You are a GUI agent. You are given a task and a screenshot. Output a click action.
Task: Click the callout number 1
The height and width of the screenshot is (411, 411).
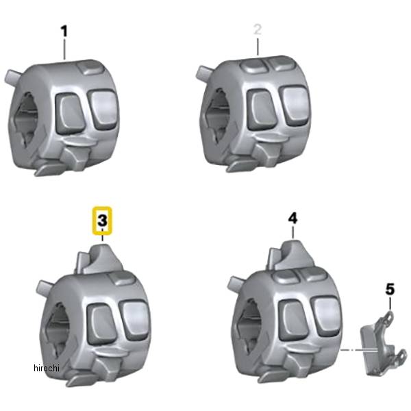click(64, 32)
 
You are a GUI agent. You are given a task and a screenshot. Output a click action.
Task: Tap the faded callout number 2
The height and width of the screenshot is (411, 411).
click(258, 29)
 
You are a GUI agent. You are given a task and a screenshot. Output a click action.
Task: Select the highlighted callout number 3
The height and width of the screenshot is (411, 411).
click(103, 221)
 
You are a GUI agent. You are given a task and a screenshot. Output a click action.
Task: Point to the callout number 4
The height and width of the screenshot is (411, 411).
click(292, 219)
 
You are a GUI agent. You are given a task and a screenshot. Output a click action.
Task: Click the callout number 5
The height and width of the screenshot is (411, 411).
click(390, 289)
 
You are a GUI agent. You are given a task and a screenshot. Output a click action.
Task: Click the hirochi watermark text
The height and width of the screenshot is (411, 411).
click(47, 368)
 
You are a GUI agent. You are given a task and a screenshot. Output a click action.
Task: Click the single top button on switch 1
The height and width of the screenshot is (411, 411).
click(90, 68)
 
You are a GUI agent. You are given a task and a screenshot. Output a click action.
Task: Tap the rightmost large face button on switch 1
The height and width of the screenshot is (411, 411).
click(103, 110)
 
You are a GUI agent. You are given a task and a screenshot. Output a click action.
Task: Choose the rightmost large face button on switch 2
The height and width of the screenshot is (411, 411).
click(295, 105)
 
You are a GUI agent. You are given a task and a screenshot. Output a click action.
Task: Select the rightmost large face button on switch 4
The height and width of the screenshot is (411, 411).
click(326, 317)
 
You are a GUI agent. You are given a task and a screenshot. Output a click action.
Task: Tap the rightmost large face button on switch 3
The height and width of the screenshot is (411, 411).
click(135, 321)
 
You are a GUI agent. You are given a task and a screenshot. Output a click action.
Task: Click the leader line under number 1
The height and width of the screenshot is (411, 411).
click(64, 49)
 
